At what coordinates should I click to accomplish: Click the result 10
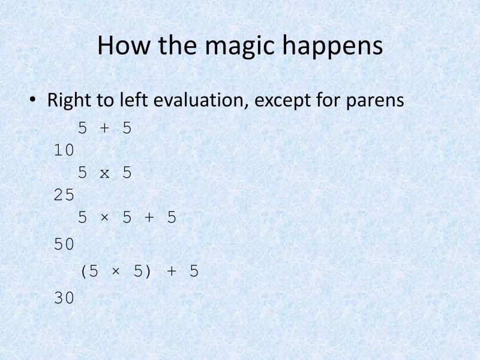click(x=64, y=151)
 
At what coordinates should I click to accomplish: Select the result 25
click(x=64, y=196)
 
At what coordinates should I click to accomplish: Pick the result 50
click(x=64, y=244)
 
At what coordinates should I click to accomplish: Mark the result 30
click(x=64, y=297)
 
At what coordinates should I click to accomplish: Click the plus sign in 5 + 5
click(x=104, y=128)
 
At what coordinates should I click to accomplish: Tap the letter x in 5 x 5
click(x=104, y=173)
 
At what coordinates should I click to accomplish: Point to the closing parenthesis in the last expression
click(x=148, y=272)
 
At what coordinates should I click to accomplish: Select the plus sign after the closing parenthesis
click(x=171, y=272)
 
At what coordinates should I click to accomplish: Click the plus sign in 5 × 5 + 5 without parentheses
click(x=149, y=218)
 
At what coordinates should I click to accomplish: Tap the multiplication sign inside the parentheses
click(x=115, y=272)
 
